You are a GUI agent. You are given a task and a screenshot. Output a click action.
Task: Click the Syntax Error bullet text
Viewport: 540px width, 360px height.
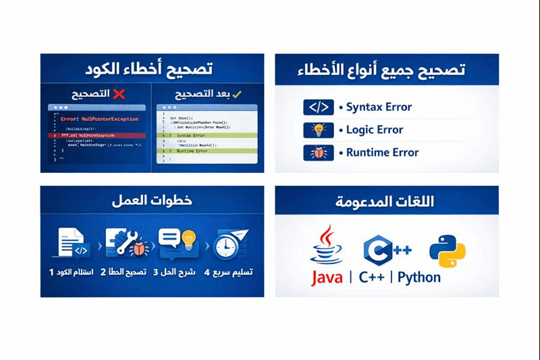(x=379, y=107)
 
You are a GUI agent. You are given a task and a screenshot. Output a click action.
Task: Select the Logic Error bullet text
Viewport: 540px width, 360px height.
(x=375, y=130)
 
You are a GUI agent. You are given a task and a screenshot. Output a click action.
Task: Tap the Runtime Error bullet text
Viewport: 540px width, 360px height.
(x=382, y=153)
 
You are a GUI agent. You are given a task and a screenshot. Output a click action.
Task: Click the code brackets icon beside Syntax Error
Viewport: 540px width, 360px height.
(x=319, y=107)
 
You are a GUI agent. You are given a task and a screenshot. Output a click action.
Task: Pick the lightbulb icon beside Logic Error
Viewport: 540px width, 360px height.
(x=319, y=130)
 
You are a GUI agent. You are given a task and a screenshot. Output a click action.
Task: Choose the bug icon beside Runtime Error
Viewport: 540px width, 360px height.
(x=319, y=153)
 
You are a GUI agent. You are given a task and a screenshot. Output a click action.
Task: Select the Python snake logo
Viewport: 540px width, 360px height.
(x=448, y=250)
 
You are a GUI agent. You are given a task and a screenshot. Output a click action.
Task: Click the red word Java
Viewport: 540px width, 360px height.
(x=327, y=277)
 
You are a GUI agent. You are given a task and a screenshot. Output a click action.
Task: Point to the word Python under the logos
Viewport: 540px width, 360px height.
(x=419, y=277)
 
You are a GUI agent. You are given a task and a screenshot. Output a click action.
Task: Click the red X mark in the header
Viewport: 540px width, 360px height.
(x=119, y=94)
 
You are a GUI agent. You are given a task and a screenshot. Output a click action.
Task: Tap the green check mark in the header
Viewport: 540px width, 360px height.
(x=237, y=94)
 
